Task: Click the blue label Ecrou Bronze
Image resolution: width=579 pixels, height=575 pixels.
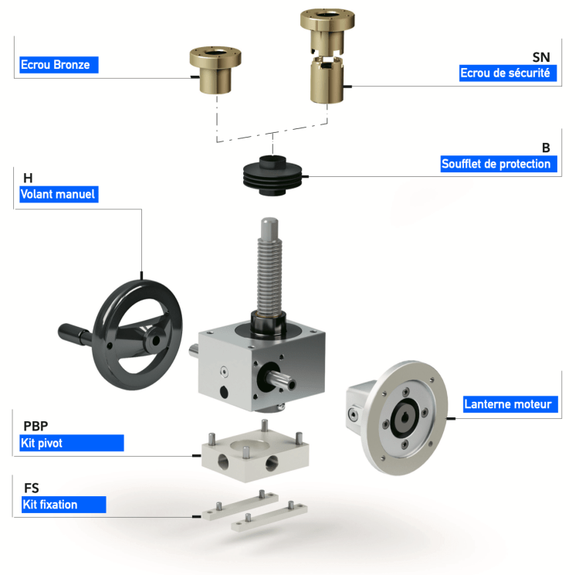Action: point(55,66)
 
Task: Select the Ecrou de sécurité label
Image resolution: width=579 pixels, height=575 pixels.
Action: point(505,74)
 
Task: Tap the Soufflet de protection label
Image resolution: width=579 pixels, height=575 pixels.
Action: point(496,165)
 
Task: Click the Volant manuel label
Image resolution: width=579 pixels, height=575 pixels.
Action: point(57,195)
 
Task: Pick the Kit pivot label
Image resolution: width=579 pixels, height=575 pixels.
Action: point(46,444)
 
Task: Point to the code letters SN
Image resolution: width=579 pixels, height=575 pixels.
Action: point(540,58)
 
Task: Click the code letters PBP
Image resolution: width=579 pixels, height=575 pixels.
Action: point(36,426)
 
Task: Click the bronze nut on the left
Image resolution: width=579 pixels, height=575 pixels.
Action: point(215,70)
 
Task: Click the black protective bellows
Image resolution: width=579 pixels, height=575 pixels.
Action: point(273,174)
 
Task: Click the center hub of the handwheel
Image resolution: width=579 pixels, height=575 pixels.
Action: point(155,338)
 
